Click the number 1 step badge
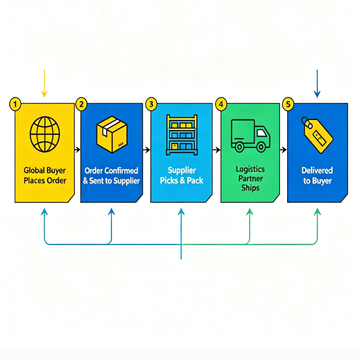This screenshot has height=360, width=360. [x=15, y=104]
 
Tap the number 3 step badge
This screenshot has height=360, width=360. [x=151, y=104]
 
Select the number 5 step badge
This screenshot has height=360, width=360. [x=288, y=104]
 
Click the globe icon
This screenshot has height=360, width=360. [x=45, y=134]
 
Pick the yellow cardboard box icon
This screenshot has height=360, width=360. [x=112, y=134]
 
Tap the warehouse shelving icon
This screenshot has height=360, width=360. [x=182, y=135]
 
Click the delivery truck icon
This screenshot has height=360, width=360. [x=251, y=136]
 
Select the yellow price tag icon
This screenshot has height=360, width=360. [x=317, y=135]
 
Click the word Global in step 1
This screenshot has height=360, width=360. [x=34, y=171]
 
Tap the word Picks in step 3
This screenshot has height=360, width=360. [x=169, y=180]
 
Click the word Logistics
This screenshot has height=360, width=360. [x=250, y=169]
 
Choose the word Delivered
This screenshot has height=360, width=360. [x=317, y=171]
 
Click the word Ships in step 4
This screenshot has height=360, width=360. [x=250, y=188]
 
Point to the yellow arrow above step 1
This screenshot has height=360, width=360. [x=44, y=84]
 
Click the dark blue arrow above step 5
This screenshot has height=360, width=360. [x=317, y=84]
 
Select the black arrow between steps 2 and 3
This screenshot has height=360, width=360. [x=147, y=150]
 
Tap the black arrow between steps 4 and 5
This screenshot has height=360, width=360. [x=283, y=150]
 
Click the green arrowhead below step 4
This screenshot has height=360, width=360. [x=250, y=211]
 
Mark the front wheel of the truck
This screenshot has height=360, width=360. [x=261, y=147]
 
